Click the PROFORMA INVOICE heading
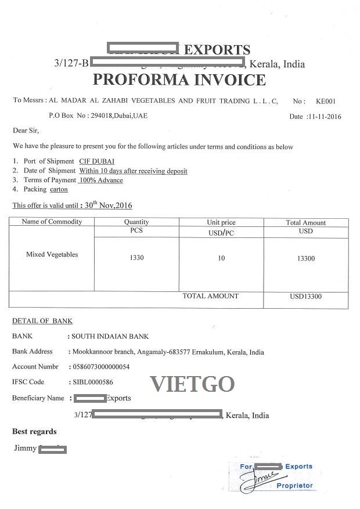pos(179,80)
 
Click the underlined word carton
pos(59,189)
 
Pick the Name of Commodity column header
pos(52,222)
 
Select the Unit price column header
pos(221,222)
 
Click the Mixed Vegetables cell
pos(52,254)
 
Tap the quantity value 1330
pos(137,258)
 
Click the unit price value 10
pos(221,258)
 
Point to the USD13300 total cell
pos(306,297)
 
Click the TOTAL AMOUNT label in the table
pos(210,296)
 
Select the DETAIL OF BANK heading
pos(42,321)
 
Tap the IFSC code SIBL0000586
pos(92,382)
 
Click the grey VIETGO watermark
pos(192,384)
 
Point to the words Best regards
pos(34,431)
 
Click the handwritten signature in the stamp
pos(255,479)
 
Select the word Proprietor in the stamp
pos(294,485)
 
